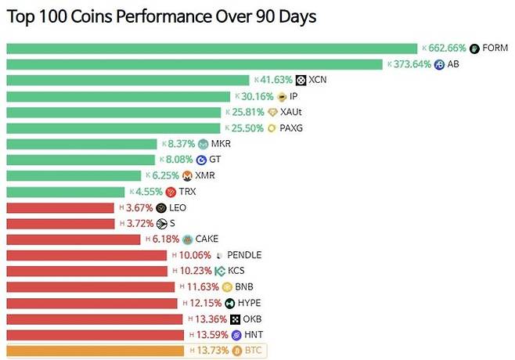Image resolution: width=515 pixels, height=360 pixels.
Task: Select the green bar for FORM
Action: point(211,49)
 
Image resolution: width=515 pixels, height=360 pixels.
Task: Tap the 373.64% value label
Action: point(411,64)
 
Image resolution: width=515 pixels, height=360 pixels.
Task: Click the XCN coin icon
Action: point(301,80)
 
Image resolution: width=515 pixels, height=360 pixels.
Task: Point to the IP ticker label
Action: point(294,96)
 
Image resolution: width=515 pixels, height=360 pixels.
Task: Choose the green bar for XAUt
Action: point(113,112)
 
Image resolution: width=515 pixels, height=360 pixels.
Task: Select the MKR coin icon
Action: point(203,144)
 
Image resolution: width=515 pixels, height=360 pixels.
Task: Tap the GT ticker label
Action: point(214,160)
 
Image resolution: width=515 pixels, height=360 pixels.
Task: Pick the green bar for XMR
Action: point(74,176)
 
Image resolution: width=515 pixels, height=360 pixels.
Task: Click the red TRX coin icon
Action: point(171,192)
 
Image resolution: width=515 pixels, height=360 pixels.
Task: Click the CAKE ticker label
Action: point(207,239)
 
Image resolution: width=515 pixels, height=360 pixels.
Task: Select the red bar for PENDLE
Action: point(86,256)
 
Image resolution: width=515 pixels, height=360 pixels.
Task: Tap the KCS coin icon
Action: point(219,272)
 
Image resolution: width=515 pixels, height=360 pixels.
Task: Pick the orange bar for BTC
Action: point(94,351)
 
